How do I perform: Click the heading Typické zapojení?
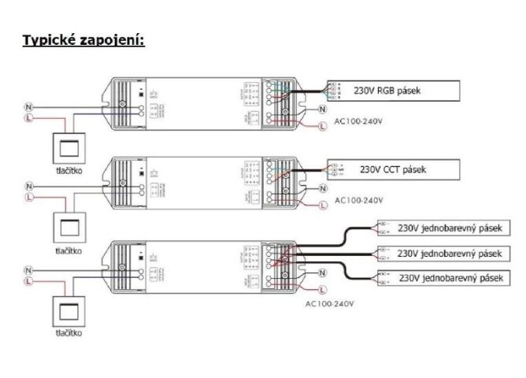point(83,39)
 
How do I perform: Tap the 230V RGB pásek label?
point(388,91)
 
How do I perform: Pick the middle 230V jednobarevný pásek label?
point(450,254)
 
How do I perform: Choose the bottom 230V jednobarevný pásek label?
point(450,278)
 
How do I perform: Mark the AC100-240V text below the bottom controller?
point(331,303)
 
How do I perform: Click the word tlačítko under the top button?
point(65,169)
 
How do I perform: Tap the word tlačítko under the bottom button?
point(65,332)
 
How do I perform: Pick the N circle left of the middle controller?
point(28,186)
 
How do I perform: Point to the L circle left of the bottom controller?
point(28,280)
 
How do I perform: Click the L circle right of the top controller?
point(321,125)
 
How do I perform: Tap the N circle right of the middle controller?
point(323,187)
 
